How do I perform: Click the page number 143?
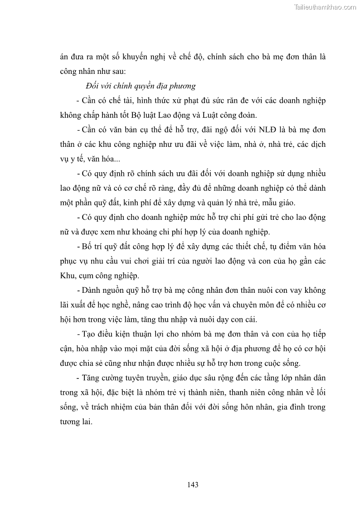pos(192,485)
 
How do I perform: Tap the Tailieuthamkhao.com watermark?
pos(325,7)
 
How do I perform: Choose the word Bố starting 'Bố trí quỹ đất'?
pos(85,246)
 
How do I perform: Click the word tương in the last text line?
pos(70,421)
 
